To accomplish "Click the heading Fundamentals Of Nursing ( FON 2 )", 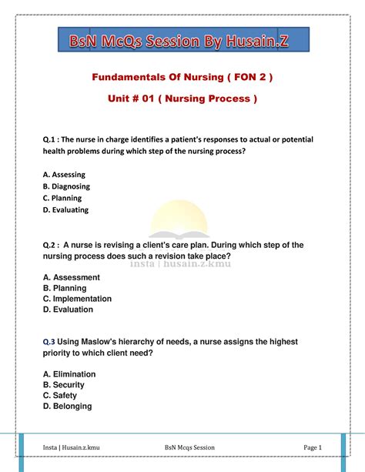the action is pos(182,79).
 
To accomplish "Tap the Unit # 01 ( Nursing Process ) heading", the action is pos(182,100).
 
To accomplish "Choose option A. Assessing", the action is pos(64,175).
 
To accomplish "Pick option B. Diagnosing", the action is pos(66,186).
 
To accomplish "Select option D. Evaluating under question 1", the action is pos(65,209).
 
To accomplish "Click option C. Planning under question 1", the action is pos(62,198).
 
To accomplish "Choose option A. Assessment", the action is pos(72,277).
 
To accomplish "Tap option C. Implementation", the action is pos(77,299).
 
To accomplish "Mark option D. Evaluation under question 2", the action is pos(69,310).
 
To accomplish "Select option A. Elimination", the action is pos(69,374).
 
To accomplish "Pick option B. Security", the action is pos(64,385).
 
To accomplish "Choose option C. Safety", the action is pos(60,396).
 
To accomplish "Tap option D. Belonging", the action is pos(68,407).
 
